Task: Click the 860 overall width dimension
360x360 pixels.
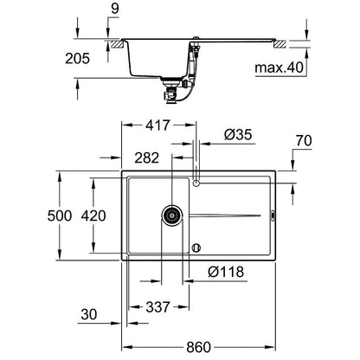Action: pyautogui.click(x=198, y=347)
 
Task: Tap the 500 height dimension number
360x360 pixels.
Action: pyautogui.click(x=60, y=215)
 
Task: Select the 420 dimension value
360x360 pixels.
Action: pyautogui.click(x=93, y=215)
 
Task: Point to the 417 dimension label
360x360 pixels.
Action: pyautogui.click(x=157, y=125)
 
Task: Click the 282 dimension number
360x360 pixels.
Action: pyautogui.click(x=147, y=158)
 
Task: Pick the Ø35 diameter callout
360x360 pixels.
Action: pyautogui.click(x=238, y=134)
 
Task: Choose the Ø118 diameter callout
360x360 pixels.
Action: pyautogui.click(x=226, y=272)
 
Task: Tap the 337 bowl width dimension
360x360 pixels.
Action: pyautogui.click(x=157, y=307)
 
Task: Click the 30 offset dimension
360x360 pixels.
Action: pyautogui.click(x=88, y=314)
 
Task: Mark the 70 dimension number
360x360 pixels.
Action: pyautogui.click(x=304, y=141)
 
